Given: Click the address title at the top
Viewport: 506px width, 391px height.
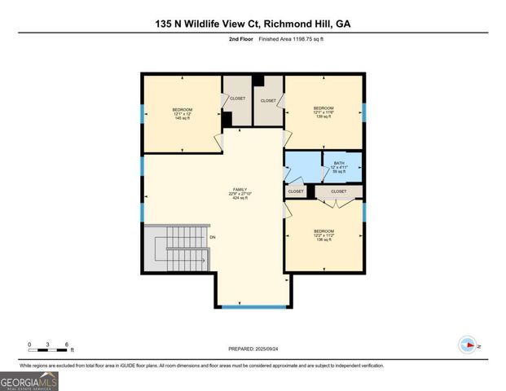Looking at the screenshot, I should click(x=253, y=24).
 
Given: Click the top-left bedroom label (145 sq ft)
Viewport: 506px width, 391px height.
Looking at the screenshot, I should click(x=182, y=113).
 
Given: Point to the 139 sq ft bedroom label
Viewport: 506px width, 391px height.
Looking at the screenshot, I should click(x=324, y=112).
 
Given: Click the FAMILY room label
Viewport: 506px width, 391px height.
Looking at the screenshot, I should click(x=240, y=193).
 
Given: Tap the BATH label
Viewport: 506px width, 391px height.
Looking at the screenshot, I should click(x=339, y=167).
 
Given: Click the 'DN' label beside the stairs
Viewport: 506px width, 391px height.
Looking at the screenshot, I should click(x=213, y=237).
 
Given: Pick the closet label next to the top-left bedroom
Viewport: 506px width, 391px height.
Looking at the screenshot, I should click(x=237, y=98).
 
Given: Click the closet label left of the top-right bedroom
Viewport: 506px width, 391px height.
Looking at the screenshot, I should click(x=268, y=100).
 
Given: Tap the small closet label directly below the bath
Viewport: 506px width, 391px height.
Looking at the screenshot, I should click(x=295, y=191).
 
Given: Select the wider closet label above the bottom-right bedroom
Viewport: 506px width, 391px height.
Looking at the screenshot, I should click(x=338, y=191).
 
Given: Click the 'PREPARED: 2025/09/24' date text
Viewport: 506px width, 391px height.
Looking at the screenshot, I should click(x=253, y=349).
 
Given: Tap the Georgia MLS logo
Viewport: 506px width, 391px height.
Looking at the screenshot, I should click(x=30, y=380).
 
